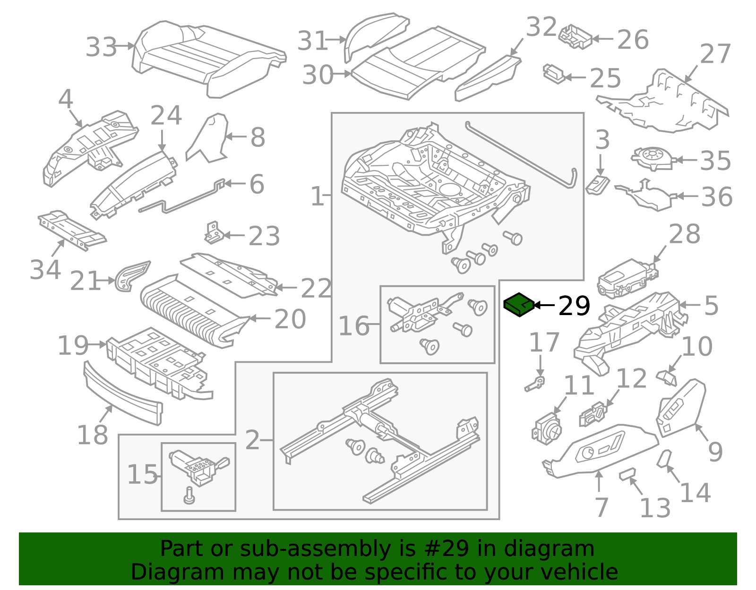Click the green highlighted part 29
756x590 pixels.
519,305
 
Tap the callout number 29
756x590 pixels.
574,306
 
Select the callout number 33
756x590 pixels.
101,47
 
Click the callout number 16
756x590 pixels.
353,326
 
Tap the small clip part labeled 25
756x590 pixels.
553,74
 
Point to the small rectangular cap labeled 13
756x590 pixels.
627,473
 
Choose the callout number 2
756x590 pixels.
253,440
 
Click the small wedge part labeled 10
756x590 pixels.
667,377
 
